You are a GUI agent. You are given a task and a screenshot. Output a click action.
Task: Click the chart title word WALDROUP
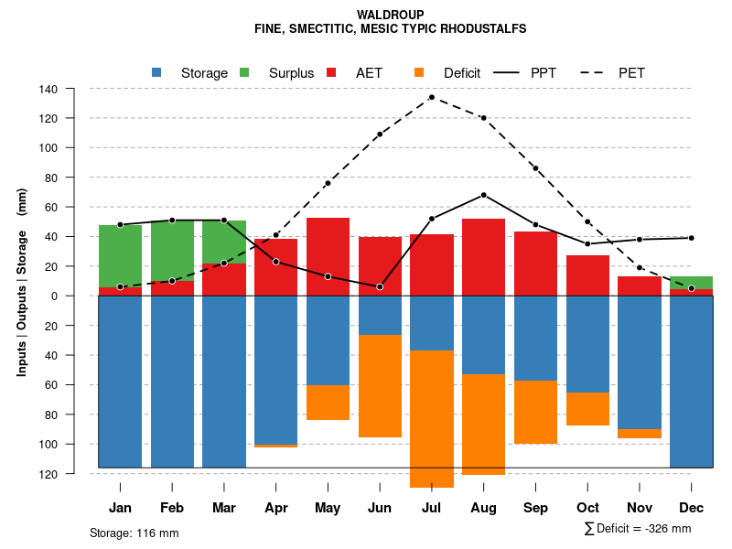[x=391, y=15]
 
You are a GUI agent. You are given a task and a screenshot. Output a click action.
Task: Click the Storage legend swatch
[x=157, y=72]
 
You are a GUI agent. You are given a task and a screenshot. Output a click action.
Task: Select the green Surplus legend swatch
[x=244, y=72]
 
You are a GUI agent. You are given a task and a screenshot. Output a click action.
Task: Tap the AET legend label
[x=369, y=72]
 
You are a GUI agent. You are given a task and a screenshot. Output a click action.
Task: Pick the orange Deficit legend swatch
[x=419, y=72]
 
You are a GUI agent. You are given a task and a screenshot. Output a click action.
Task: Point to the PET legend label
[x=631, y=72]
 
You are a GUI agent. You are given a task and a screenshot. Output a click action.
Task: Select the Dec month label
[x=691, y=508]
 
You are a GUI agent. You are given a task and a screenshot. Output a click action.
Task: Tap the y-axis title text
[x=22, y=281]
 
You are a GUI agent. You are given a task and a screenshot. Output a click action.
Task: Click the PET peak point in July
[x=431, y=97]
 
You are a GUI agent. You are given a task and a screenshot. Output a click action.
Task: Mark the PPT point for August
[x=483, y=195]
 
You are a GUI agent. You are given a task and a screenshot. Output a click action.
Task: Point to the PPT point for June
[x=380, y=286]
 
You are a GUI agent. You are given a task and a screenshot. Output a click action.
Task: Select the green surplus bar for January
[x=120, y=256]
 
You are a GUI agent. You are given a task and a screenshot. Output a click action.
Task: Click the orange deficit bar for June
[x=380, y=385]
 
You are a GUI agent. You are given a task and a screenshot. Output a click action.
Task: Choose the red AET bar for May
[x=328, y=256]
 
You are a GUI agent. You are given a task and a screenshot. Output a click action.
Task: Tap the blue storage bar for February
[x=172, y=382]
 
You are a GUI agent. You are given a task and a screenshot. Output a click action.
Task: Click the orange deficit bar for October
[x=587, y=409]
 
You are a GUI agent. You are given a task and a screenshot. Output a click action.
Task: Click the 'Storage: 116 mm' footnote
[x=134, y=533]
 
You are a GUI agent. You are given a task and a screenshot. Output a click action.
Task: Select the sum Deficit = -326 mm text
[x=638, y=528]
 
